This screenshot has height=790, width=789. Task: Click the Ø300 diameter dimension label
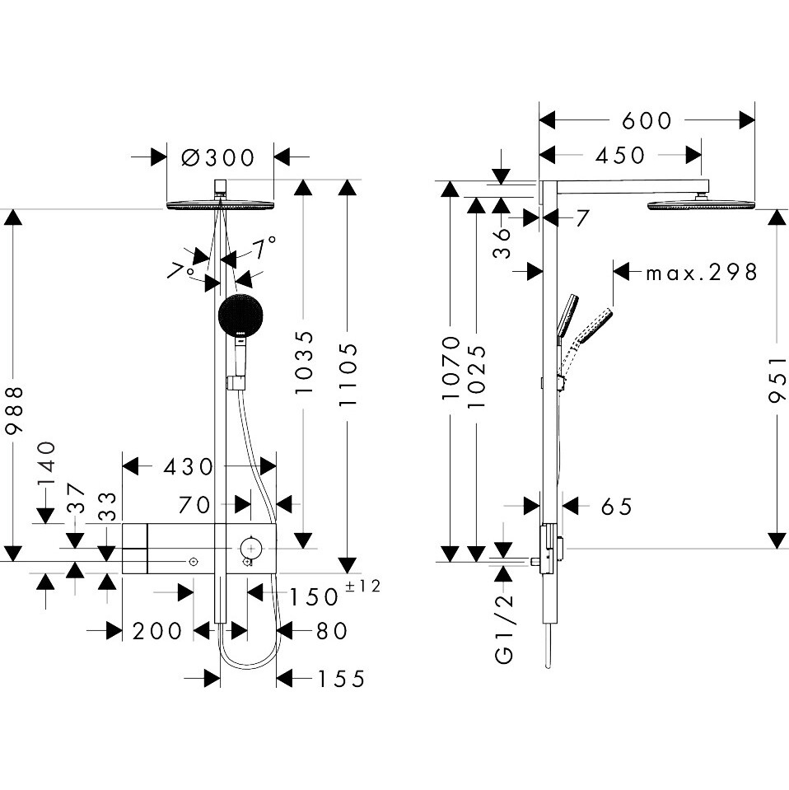click(x=217, y=156)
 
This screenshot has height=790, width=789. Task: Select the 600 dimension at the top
click(x=647, y=120)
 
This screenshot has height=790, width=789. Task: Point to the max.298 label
click(x=700, y=272)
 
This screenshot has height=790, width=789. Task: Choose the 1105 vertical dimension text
click(x=349, y=374)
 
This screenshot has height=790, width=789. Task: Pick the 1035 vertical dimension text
click(x=304, y=362)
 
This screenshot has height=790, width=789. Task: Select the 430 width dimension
click(x=189, y=467)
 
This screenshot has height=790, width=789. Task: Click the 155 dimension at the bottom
click(x=340, y=679)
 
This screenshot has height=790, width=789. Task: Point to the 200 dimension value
click(x=156, y=631)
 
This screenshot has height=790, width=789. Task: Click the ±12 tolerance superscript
click(x=362, y=587)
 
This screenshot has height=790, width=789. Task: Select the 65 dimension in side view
click(x=615, y=506)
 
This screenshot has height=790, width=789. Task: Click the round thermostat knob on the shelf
click(x=250, y=545)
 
